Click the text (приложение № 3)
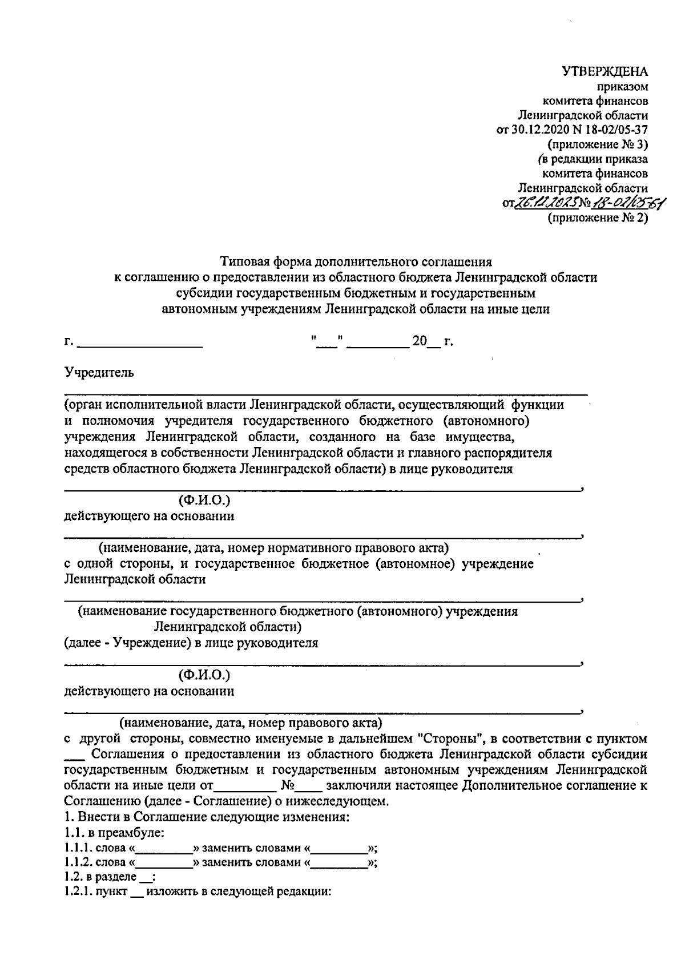[x=597, y=144]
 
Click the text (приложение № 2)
[x=597, y=217]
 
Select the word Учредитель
[x=99, y=373]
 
